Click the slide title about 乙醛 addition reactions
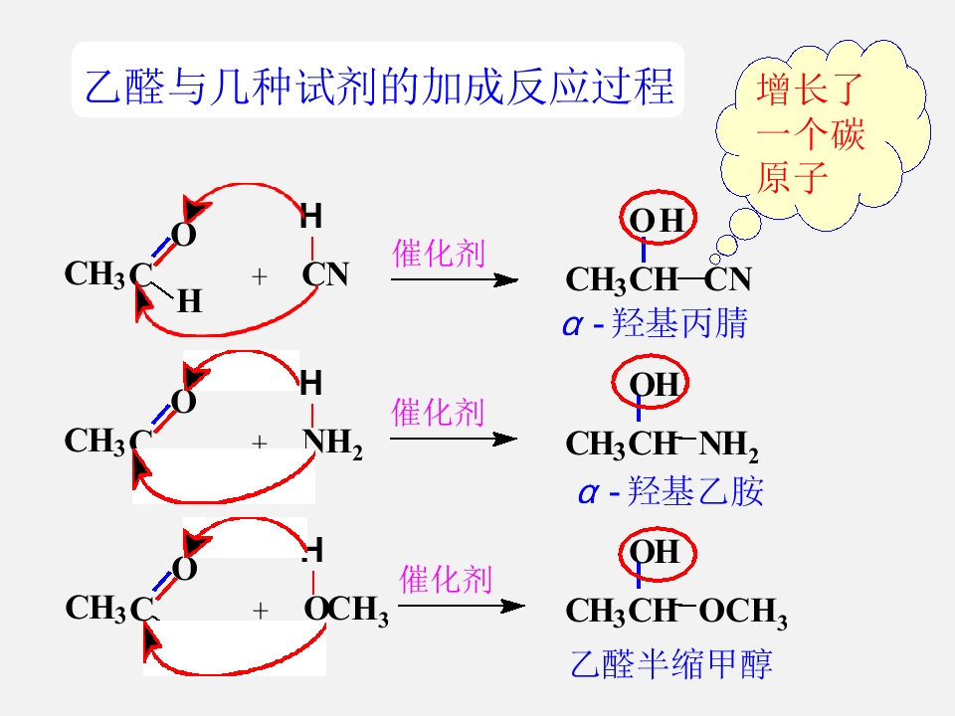coord(379,86)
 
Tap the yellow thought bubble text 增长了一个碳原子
coord(810,132)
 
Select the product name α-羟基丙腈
coord(656,322)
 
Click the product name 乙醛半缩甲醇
coord(671,663)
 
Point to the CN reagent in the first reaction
coord(326,274)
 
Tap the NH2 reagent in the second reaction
coord(332,443)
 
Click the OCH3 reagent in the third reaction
coord(346,610)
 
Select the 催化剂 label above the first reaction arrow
coord(439,254)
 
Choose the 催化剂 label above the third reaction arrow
coord(446,579)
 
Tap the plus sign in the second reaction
coord(260,442)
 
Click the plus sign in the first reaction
coord(260,277)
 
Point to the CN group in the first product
coord(728,279)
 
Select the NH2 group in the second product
coord(728,446)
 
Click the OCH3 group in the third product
coord(743,612)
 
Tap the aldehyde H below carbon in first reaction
coord(189,300)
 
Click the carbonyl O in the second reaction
coord(183,401)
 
